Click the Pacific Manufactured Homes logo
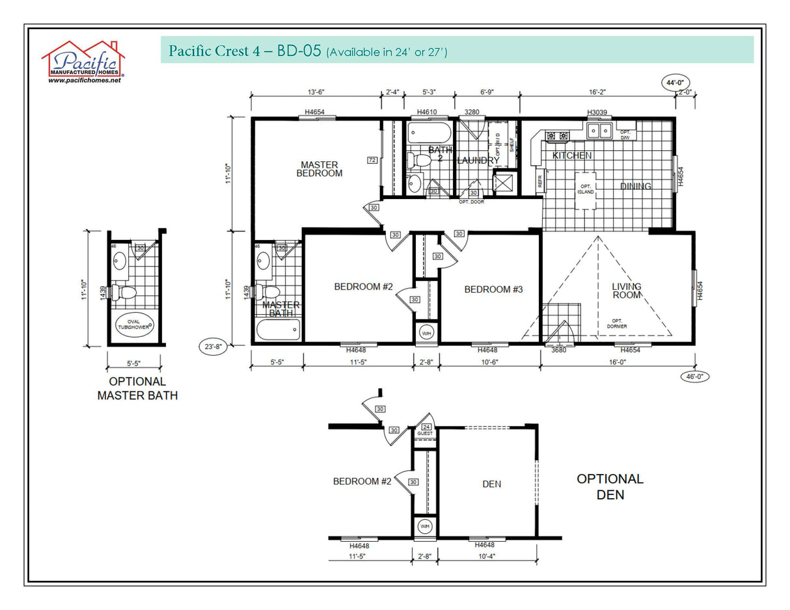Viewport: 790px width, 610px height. point(83,60)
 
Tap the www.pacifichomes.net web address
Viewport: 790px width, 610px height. point(85,80)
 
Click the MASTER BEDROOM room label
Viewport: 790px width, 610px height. point(319,169)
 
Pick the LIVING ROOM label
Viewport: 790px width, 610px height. point(626,291)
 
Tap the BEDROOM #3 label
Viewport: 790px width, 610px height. point(493,289)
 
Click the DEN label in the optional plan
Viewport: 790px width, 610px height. point(491,484)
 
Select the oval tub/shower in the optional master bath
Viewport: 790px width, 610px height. point(135,323)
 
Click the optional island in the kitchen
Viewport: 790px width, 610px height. point(585,191)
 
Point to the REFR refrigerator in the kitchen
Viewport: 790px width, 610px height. point(539,179)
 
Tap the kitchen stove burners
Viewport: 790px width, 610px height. point(557,136)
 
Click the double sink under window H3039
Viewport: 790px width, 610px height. point(599,131)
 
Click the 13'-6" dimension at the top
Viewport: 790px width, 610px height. point(315,92)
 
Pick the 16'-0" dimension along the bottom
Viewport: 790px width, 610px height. point(618,363)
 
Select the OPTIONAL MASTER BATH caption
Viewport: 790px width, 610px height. point(137,388)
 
